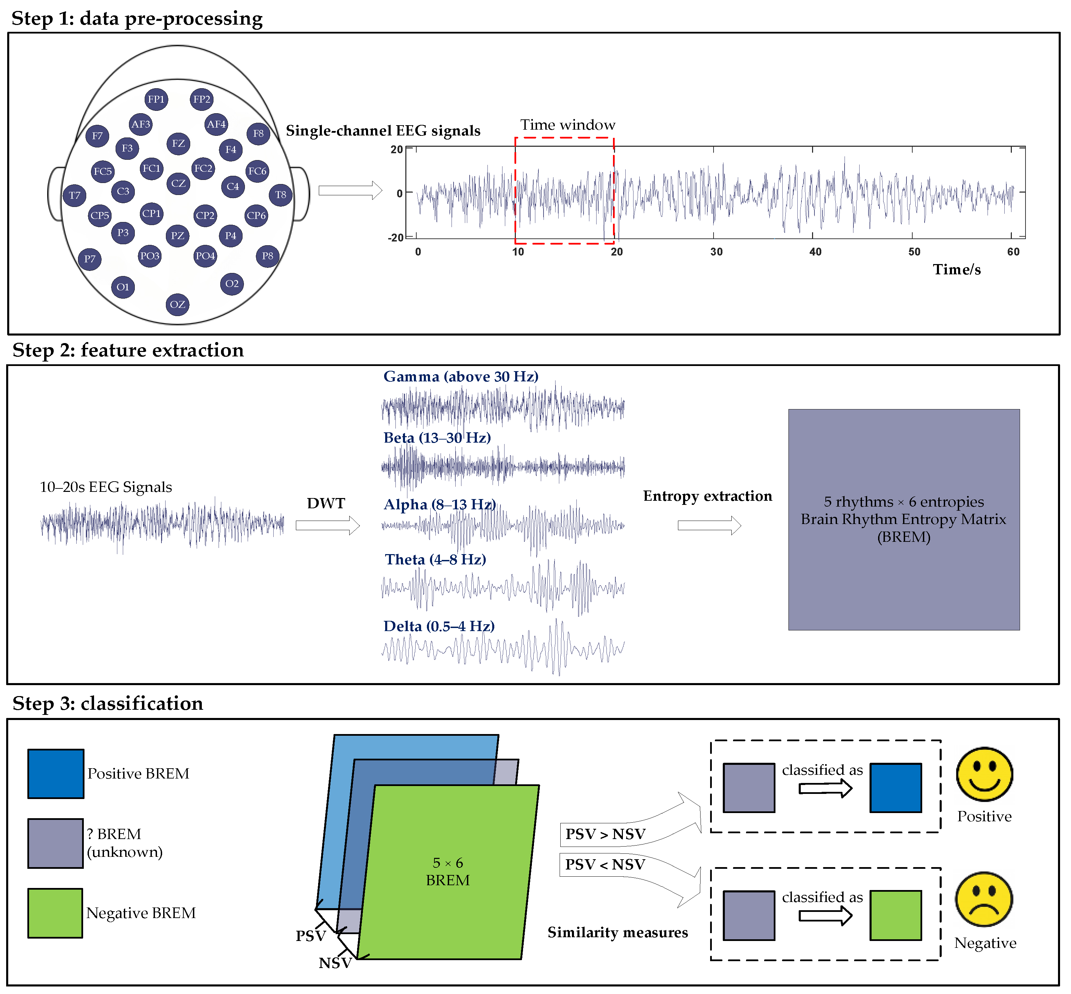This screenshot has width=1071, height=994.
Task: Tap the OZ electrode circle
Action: (x=178, y=304)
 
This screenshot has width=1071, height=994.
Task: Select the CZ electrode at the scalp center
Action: (x=178, y=183)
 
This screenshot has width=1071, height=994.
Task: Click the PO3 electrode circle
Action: (x=149, y=256)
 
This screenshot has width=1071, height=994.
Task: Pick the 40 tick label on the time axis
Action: (x=815, y=252)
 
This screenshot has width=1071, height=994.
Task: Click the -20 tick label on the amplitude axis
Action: (x=395, y=237)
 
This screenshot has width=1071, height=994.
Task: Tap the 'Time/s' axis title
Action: (x=956, y=270)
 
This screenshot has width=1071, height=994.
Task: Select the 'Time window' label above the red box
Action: (x=567, y=125)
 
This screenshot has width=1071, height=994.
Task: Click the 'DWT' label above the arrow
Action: (x=326, y=503)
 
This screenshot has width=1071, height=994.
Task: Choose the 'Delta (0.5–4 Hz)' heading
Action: (x=439, y=626)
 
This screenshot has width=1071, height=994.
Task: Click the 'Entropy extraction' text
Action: (x=707, y=496)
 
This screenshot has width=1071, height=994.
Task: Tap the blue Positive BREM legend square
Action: (x=55, y=773)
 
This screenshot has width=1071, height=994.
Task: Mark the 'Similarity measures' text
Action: (x=617, y=932)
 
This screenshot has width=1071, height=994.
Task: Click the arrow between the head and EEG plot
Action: (x=350, y=191)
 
